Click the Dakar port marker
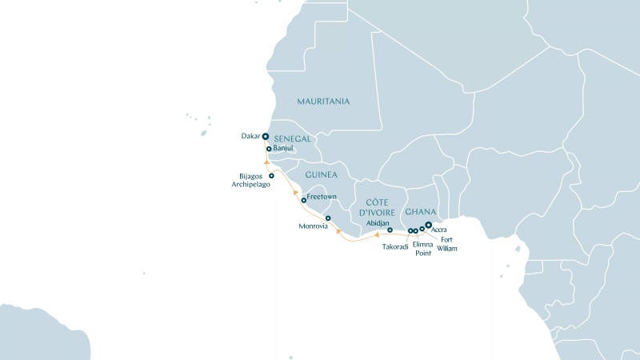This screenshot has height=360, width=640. (x=265, y=136)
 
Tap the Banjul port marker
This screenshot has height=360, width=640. (x=269, y=149)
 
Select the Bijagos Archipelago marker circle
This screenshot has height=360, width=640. (x=271, y=176)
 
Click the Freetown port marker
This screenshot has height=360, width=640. (x=304, y=200)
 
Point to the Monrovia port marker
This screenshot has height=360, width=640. (x=328, y=218)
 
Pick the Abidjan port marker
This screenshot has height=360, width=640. (x=390, y=230)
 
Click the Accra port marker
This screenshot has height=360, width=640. (x=429, y=225)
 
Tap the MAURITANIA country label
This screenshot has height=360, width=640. (x=323, y=102)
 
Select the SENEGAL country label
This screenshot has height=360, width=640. (x=292, y=138)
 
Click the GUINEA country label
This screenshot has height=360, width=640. (x=322, y=174)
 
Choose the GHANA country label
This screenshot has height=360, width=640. (x=420, y=212)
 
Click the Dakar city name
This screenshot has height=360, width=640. (x=250, y=136)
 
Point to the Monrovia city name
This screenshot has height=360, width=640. (x=313, y=226)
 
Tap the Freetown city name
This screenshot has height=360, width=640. (x=322, y=195)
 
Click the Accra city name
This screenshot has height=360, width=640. (x=438, y=230)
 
